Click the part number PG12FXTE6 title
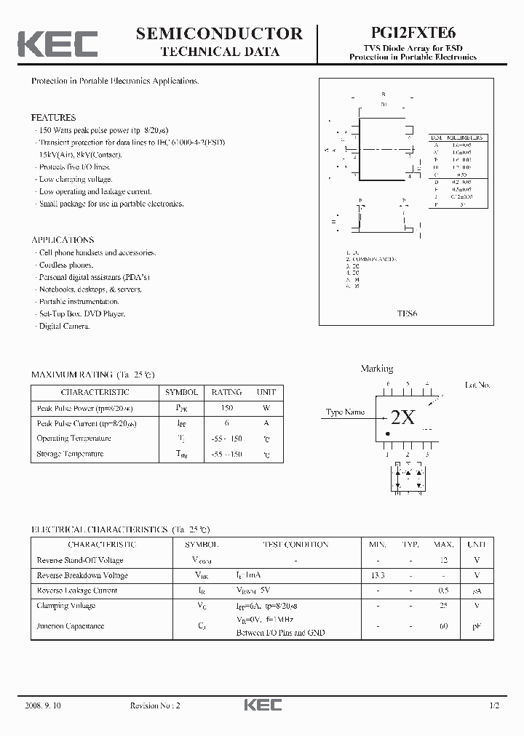(413, 33)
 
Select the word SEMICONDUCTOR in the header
(219, 33)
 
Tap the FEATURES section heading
(53, 117)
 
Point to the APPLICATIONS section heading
(63, 240)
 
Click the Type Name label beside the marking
(345, 412)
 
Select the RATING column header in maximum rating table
(226, 392)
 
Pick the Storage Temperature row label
(70, 454)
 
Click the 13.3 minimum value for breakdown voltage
(378, 575)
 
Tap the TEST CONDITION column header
(295, 545)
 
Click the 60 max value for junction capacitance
(442, 625)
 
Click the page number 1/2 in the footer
(495, 706)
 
